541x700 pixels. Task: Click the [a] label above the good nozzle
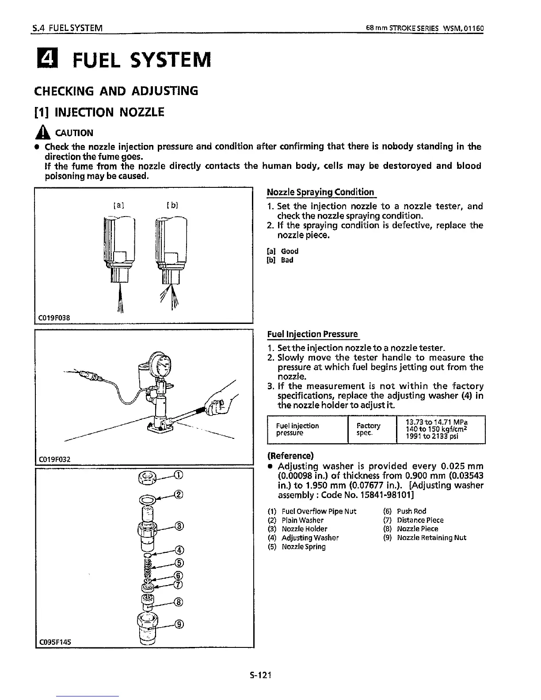pyautogui.click(x=119, y=205)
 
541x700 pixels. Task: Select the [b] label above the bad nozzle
pyautogui.click(x=172, y=205)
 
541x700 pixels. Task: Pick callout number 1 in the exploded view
pyautogui.click(x=178, y=476)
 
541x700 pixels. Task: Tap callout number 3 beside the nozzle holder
pyautogui.click(x=179, y=526)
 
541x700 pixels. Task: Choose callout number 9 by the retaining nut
pyautogui.click(x=179, y=624)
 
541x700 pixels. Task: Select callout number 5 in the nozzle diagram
pyautogui.click(x=179, y=563)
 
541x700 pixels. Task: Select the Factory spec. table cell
pyautogui.click(x=368, y=429)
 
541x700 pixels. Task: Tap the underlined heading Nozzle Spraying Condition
pyautogui.click(x=320, y=192)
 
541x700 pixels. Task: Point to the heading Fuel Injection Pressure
pyautogui.click(x=312, y=334)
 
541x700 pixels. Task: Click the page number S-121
pyautogui.click(x=260, y=675)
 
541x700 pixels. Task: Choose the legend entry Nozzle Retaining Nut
pyautogui.click(x=431, y=538)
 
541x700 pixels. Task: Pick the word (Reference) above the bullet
pyautogui.click(x=290, y=456)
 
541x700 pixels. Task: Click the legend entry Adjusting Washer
pyautogui.click(x=310, y=538)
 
